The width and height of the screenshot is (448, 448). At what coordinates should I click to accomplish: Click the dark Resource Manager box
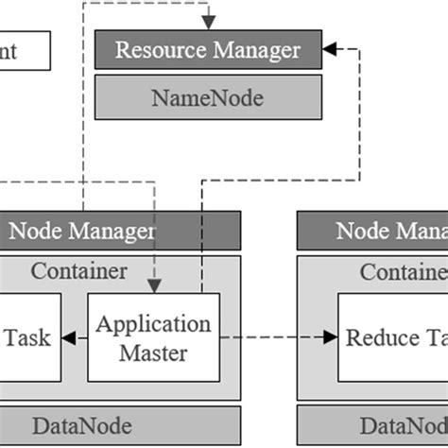[208, 49]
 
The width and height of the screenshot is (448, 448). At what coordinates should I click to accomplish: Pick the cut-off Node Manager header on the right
[372, 231]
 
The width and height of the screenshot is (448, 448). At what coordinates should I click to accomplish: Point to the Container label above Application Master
[79, 271]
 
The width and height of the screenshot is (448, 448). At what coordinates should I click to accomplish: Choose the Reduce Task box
[393, 337]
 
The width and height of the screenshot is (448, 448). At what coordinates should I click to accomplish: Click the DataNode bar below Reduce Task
[372, 424]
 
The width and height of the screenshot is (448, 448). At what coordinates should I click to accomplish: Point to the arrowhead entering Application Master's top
[154, 285]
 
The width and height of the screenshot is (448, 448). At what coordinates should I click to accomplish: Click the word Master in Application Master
[154, 353]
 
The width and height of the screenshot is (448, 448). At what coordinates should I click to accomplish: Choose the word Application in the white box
[154, 323]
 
